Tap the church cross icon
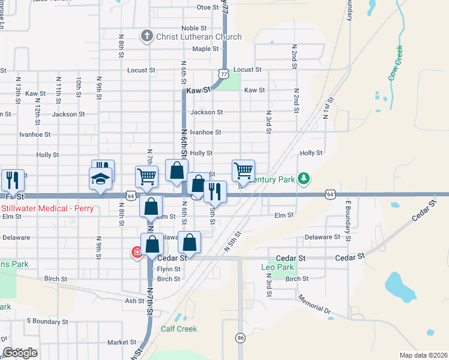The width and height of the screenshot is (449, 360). [x=146, y=36]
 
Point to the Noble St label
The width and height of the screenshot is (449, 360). [x=194, y=28]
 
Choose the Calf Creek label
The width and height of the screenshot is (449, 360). [x=179, y=329]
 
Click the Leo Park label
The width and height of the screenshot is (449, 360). [x=278, y=267]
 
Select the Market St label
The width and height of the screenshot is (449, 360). [x=122, y=343]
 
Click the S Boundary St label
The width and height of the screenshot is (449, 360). [x=44, y=320]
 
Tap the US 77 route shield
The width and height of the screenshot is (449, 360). [x=223, y=74]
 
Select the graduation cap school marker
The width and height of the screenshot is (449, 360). [x=100, y=178]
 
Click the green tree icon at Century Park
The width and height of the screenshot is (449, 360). [x=304, y=178]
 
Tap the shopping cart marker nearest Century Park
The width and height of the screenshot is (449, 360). [x=243, y=170]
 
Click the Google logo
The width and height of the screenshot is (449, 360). [x=20, y=353]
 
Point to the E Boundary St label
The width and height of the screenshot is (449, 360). [x=348, y=220]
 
